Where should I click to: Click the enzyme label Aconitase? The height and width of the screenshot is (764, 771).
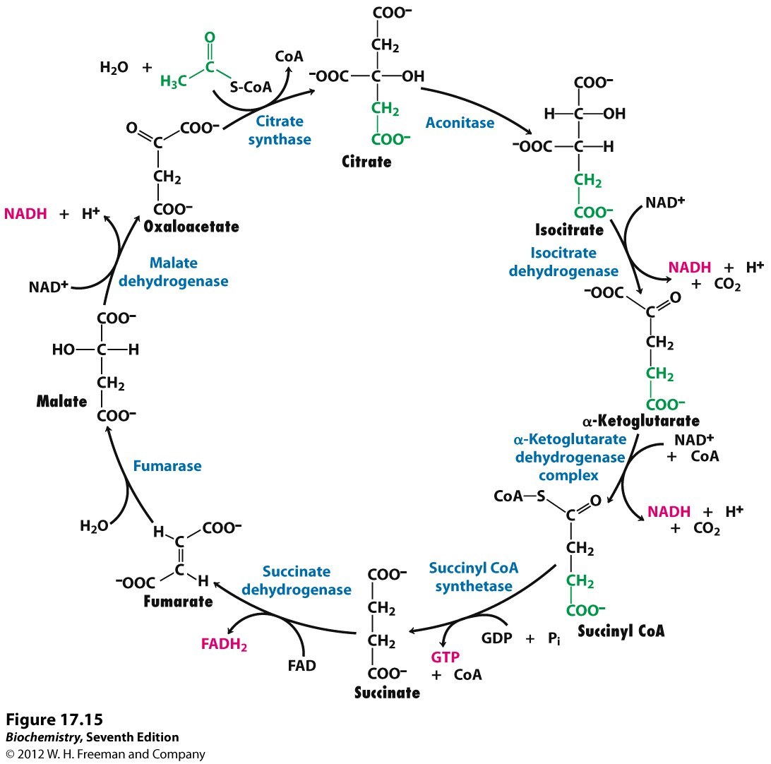coord(460,123)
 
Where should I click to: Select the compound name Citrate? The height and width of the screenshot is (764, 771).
coord(366,162)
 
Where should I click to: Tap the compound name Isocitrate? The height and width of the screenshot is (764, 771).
coord(569,230)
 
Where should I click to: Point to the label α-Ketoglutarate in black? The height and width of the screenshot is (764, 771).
coord(640,422)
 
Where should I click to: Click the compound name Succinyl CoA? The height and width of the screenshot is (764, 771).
coord(621,631)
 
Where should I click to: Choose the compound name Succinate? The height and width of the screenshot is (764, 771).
coord(387,693)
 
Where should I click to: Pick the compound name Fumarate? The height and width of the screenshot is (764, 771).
coord(178,602)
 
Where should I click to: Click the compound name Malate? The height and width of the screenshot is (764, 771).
coord(62,402)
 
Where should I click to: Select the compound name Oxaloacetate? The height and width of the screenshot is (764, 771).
coord(191,227)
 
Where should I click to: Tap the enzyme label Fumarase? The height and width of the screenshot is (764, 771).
coord(167,466)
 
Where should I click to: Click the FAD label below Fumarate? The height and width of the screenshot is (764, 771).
coord(301,665)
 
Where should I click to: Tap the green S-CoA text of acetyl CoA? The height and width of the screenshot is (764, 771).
coord(251,88)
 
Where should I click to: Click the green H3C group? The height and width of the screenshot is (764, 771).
coord(174,82)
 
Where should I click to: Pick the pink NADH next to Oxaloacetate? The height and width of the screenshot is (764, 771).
coord(25,213)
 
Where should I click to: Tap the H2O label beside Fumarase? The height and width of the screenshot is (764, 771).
coord(94,526)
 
